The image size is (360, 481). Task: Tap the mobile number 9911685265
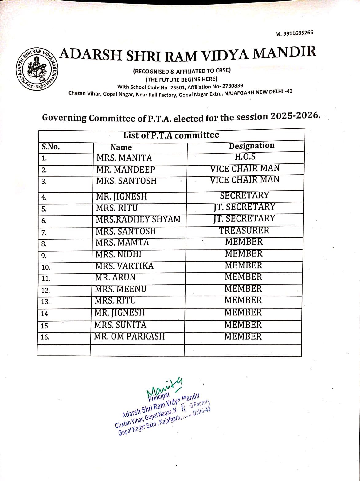[298, 33]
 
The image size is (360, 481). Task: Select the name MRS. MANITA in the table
[124, 158]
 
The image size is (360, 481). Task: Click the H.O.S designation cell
[245, 157]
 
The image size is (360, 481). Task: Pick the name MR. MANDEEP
[125, 170]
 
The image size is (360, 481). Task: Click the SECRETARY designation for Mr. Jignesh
[244, 195]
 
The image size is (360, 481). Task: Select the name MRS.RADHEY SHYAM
[138, 219]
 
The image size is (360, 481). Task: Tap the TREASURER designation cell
[244, 230]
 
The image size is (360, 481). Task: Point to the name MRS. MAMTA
[122, 243]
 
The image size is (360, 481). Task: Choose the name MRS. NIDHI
[119, 254]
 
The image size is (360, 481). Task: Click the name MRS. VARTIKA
[124, 266]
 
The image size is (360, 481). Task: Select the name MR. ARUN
[115, 277]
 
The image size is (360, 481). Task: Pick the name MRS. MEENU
[121, 289]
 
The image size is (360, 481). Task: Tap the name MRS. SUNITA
[120, 325]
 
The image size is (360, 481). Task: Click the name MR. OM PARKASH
[129, 336]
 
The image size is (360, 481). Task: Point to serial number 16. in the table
[45, 337]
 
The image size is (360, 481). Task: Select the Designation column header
[251, 146]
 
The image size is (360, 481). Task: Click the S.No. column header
[51, 147]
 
